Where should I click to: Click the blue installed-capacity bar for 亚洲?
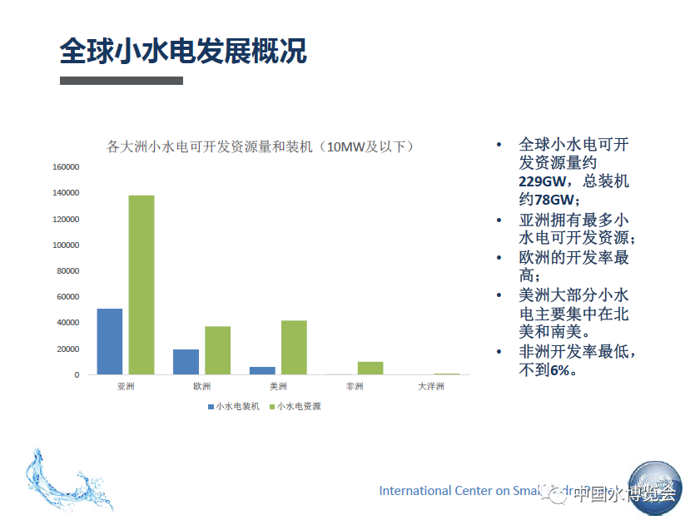tap(109, 341)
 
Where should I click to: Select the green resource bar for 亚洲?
tap(141, 285)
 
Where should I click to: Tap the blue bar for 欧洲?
tap(186, 361)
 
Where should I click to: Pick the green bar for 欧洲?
tap(217, 349)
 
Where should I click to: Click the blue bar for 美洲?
tap(262, 370)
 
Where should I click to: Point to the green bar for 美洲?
tap(294, 347)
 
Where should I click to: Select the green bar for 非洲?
tap(370, 368)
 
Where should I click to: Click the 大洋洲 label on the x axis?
tap(430, 387)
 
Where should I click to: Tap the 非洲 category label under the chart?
tap(355, 387)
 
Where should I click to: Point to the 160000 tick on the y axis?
tap(66, 167)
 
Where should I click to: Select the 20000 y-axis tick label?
tap(68, 349)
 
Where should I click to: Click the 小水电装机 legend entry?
tap(234, 407)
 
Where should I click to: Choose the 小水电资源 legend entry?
tap(295, 407)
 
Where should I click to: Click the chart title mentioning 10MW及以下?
tap(261, 147)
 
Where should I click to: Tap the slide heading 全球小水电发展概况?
tap(183, 52)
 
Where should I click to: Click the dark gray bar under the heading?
tap(122, 81)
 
